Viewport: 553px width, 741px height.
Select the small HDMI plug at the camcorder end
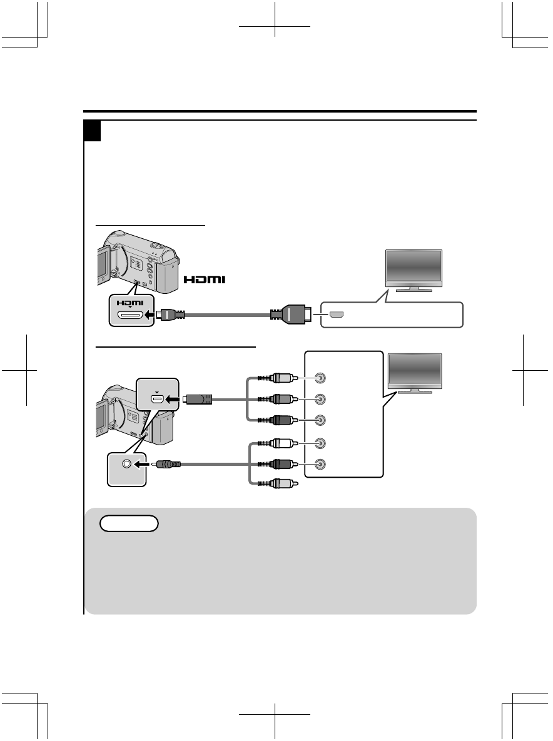(170, 315)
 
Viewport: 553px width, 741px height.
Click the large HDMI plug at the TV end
(294, 314)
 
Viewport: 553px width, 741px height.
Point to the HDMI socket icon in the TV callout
(336, 314)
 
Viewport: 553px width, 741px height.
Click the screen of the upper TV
(414, 267)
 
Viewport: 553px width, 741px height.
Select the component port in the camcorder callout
(156, 398)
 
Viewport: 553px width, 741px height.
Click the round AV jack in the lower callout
(128, 464)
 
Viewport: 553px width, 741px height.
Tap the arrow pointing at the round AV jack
(142, 464)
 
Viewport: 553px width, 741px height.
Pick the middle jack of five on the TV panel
(320, 420)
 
